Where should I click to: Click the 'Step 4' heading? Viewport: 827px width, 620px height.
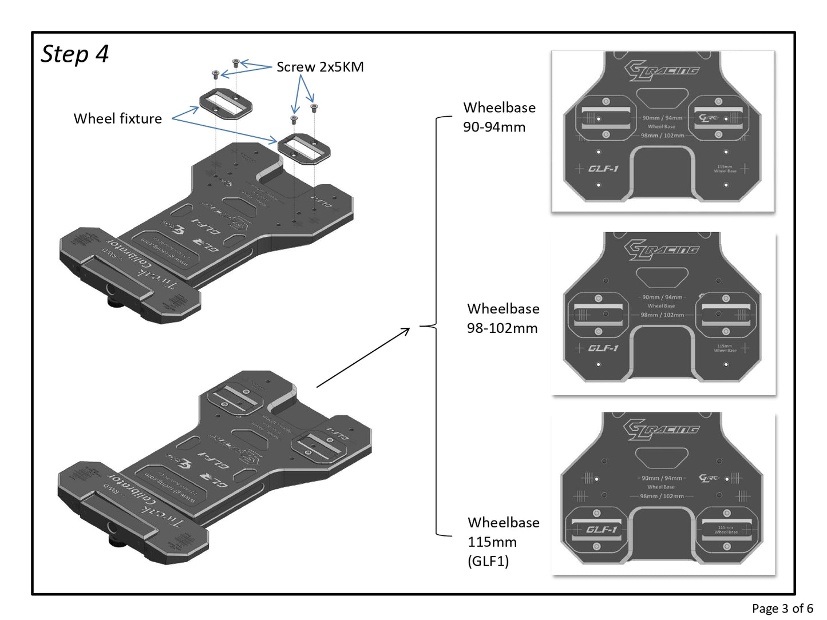75,54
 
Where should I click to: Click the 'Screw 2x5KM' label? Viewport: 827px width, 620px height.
320,67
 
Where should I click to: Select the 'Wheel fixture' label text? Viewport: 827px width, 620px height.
117,118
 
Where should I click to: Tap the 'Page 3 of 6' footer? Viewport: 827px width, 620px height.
782,608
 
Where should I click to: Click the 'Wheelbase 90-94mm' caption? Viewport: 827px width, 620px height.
498,117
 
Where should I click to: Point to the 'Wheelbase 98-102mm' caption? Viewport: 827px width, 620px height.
502,318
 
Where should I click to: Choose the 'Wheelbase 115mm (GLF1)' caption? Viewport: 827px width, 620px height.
502,541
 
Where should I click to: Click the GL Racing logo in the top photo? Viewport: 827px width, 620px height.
661,71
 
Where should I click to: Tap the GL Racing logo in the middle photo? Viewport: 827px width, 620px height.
661,250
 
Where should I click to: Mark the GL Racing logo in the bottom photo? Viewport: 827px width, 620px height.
661,430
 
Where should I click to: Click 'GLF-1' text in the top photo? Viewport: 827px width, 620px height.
603,169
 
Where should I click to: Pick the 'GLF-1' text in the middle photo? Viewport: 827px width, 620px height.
603,348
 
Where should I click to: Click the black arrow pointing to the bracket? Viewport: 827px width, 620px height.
363,357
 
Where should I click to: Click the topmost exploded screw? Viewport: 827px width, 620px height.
235,63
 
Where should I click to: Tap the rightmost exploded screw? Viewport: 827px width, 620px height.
313,106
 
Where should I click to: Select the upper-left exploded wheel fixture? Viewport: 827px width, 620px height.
225,104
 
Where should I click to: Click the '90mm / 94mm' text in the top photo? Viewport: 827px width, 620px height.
662,118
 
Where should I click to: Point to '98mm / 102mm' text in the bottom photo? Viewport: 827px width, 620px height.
662,496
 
